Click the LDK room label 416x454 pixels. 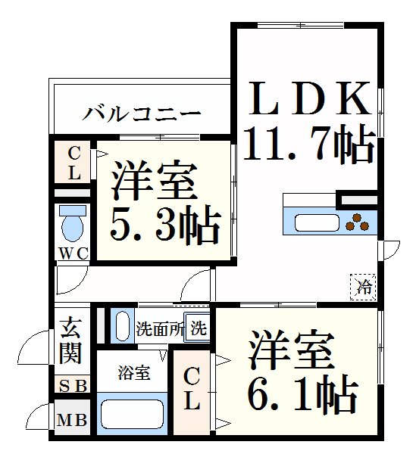[310, 98]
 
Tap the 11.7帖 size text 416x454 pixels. [310, 144]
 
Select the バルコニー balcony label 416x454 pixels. [142, 113]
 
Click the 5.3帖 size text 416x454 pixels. [165, 225]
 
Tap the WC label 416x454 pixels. [74, 254]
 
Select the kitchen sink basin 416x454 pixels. [317, 223]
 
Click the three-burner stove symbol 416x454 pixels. [357, 222]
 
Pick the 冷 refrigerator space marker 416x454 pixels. [363, 287]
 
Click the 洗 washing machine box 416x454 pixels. [196, 328]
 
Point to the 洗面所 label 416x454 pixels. [160, 328]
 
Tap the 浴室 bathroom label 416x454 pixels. [133, 373]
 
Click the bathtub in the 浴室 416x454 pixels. [132, 414]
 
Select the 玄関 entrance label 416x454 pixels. [70, 340]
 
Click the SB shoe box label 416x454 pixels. [73, 385]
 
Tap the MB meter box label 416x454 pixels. [72, 419]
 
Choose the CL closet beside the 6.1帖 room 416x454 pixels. [192, 392]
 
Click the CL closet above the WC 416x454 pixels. [73, 163]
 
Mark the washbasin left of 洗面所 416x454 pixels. [122, 325]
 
